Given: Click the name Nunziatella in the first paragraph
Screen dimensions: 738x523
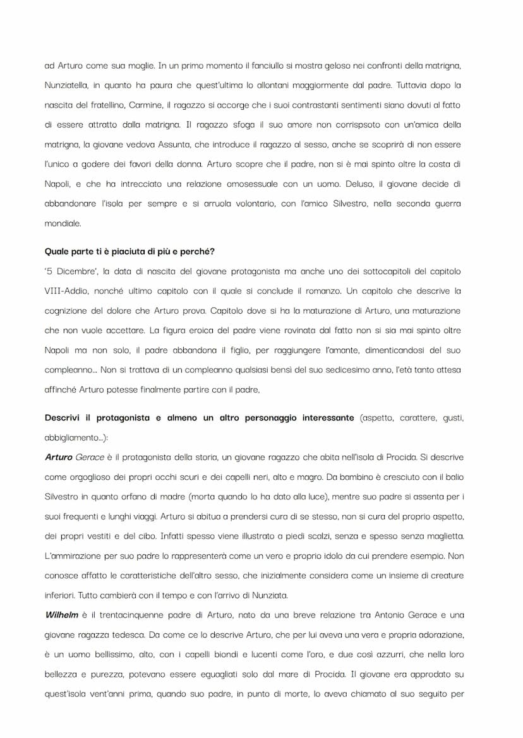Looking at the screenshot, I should click(x=68, y=85).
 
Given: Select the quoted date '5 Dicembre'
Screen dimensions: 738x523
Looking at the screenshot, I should click(x=69, y=271).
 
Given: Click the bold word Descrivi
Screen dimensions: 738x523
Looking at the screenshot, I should click(x=64, y=418).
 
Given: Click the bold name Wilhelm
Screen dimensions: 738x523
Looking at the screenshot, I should click(x=61, y=614).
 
